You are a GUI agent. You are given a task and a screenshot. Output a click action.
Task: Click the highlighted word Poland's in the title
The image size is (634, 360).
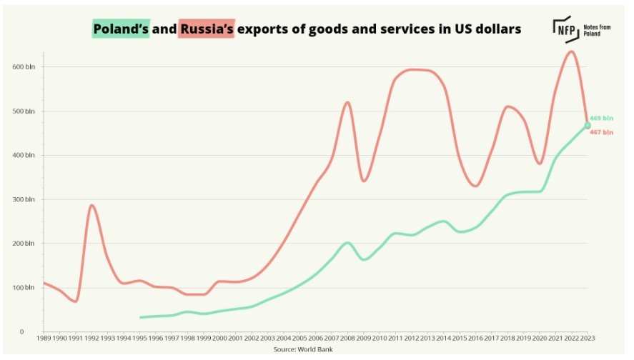(120, 29)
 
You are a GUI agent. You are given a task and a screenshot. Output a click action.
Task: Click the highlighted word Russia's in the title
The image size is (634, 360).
(207, 29)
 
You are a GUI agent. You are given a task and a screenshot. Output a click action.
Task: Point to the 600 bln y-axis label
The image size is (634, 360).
(24, 67)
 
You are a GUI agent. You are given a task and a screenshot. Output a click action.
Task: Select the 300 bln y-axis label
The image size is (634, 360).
(24, 200)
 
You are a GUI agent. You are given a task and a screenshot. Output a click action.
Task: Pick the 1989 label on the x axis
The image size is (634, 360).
(43, 338)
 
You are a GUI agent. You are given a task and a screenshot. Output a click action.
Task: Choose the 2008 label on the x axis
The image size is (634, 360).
(348, 338)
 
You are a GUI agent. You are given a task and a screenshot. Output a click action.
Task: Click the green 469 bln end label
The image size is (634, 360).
(602, 118)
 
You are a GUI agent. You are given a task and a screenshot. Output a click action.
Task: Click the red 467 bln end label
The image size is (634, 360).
(602, 133)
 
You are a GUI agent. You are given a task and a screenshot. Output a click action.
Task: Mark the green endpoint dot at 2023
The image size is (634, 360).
(588, 125)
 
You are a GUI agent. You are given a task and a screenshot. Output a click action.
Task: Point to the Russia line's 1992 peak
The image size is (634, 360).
(91, 205)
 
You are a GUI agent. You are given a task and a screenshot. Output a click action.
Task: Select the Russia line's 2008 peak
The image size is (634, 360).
(348, 102)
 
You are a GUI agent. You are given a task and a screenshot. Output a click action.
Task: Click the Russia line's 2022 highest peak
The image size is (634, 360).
(571, 51)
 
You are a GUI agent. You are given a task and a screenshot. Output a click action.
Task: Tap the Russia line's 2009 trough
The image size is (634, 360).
(364, 181)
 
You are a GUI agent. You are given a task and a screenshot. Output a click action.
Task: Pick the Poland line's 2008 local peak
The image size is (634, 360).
(348, 243)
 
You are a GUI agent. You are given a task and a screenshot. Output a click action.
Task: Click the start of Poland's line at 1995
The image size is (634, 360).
(140, 317)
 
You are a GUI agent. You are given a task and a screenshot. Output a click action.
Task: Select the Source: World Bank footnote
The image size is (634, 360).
(302, 349)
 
